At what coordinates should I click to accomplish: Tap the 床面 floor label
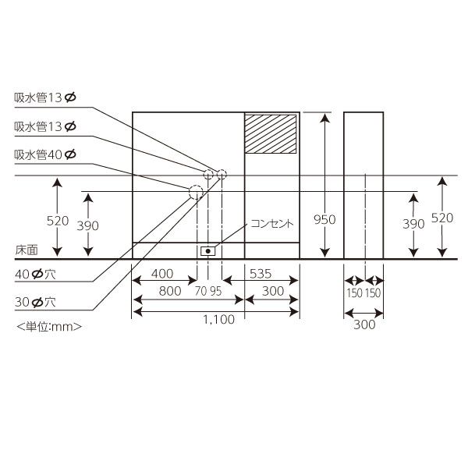pyautogui.click(x=26, y=251)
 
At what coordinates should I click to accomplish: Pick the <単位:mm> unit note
pyautogui.click(x=48, y=326)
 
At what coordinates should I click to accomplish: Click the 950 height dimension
pyautogui.click(x=324, y=219)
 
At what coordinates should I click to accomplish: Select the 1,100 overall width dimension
pyautogui.click(x=218, y=319)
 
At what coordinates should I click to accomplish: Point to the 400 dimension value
pyautogui.click(x=162, y=273)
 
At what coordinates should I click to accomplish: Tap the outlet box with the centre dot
pyautogui.click(x=208, y=251)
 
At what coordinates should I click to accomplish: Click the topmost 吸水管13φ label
pyautogui.click(x=45, y=97)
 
